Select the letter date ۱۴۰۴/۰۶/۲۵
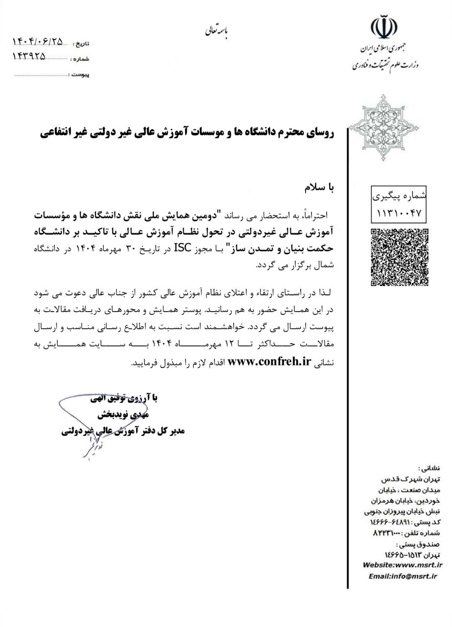[38, 43]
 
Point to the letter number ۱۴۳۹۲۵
[28, 56]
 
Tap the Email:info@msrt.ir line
[403, 576]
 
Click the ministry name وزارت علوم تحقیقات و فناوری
[385, 65]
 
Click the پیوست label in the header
[79, 76]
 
